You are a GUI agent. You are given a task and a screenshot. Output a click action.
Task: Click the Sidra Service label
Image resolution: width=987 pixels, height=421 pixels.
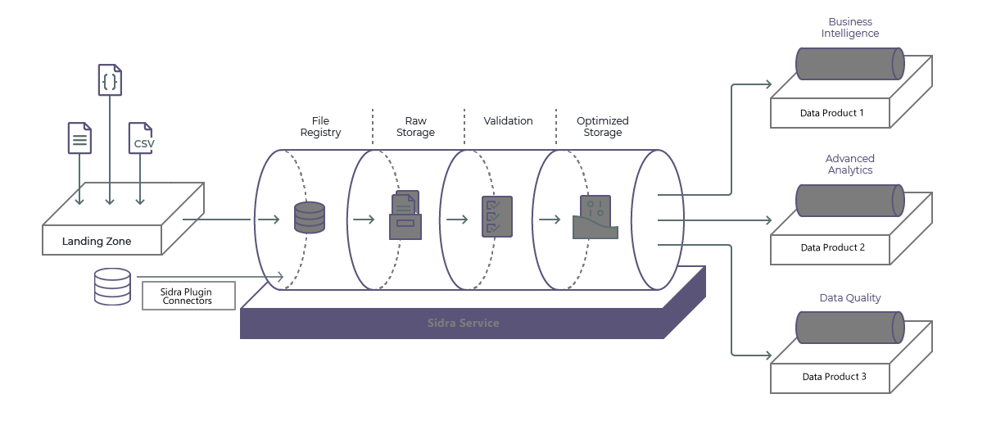tap(463, 323)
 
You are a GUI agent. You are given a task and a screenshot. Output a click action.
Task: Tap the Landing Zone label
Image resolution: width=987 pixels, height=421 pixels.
tap(95, 242)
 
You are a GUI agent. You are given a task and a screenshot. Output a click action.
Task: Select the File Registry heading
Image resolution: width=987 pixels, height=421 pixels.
tap(319, 127)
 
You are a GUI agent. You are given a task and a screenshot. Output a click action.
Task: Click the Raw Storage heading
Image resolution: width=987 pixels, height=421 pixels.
tap(415, 127)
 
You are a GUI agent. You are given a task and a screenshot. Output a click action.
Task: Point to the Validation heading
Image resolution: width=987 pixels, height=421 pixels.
tap(509, 121)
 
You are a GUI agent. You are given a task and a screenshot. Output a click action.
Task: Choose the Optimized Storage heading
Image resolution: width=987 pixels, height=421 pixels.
tap(602, 127)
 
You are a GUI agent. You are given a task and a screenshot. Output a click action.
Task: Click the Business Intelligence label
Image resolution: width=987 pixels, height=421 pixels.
tap(851, 28)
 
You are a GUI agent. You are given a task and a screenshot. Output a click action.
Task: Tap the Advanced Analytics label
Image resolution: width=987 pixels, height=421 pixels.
tap(850, 164)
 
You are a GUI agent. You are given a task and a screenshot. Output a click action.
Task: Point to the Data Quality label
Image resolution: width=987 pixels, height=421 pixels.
tap(851, 298)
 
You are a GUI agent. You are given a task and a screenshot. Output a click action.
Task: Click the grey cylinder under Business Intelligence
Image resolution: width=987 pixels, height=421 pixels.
tap(849, 63)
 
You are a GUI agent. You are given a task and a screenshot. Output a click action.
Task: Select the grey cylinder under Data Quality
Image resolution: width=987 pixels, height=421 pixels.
tap(849, 327)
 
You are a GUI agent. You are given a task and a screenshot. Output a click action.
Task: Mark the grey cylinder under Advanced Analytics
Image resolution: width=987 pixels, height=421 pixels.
tap(849, 200)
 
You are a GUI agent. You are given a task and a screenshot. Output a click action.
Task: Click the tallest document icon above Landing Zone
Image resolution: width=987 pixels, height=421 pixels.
tap(108, 81)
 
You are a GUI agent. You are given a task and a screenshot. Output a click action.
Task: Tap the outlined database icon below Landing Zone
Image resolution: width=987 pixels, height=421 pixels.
tap(112, 287)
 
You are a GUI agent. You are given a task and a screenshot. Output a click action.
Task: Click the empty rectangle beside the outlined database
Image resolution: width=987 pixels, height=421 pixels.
tap(188, 296)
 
